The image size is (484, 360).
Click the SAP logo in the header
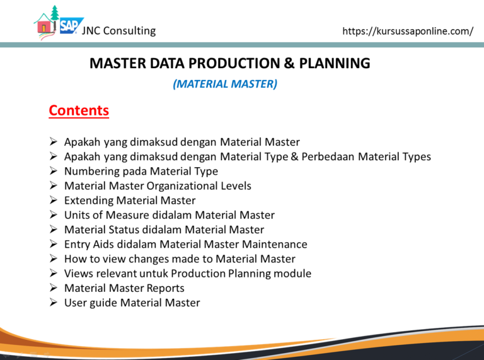[x=71, y=25]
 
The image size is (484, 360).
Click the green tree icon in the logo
[x=55, y=13]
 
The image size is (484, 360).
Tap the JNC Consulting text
[x=119, y=30]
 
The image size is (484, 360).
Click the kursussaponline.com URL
[x=408, y=31]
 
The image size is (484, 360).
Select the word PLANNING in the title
[x=335, y=63]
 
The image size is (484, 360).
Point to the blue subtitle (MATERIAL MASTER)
[x=225, y=84]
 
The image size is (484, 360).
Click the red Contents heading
[x=79, y=110]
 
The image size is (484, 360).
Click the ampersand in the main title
[x=289, y=63]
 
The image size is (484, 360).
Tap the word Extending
[x=89, y=200]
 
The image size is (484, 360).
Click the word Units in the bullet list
[x=78, y=215]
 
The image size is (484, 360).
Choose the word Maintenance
[x=274, y=244]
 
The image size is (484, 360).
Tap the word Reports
[x=165, y=288]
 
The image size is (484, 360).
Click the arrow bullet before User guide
[x=54, y=302]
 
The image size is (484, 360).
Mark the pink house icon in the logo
[x=45, y=26]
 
